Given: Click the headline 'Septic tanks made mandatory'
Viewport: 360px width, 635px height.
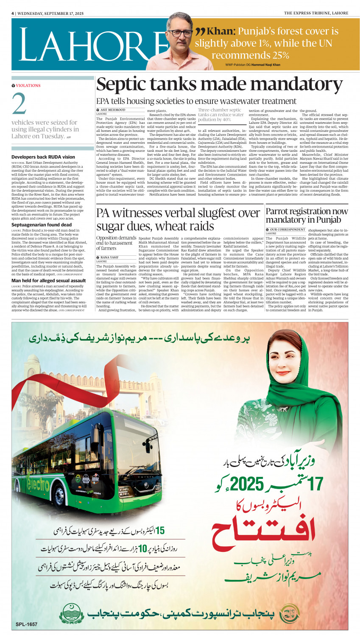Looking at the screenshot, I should click(219, 84).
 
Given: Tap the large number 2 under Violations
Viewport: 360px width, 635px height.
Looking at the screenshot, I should click(19, 104).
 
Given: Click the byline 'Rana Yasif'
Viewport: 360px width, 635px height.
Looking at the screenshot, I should click(109, 257).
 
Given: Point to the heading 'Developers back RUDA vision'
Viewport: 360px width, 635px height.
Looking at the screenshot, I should click(43, 157).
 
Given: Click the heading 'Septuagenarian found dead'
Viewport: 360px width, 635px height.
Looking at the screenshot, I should click(42, 225).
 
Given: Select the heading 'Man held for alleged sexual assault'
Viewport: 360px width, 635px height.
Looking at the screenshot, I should click(48, 280).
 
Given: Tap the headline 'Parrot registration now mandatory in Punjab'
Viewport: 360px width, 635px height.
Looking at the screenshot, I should click(307, 215).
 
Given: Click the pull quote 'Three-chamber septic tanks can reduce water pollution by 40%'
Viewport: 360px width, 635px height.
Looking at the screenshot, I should click(220, 115).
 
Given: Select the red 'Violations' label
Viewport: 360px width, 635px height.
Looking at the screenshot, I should click(28, 86).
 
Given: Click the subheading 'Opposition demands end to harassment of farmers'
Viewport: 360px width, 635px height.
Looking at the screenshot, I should click(116, 243).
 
